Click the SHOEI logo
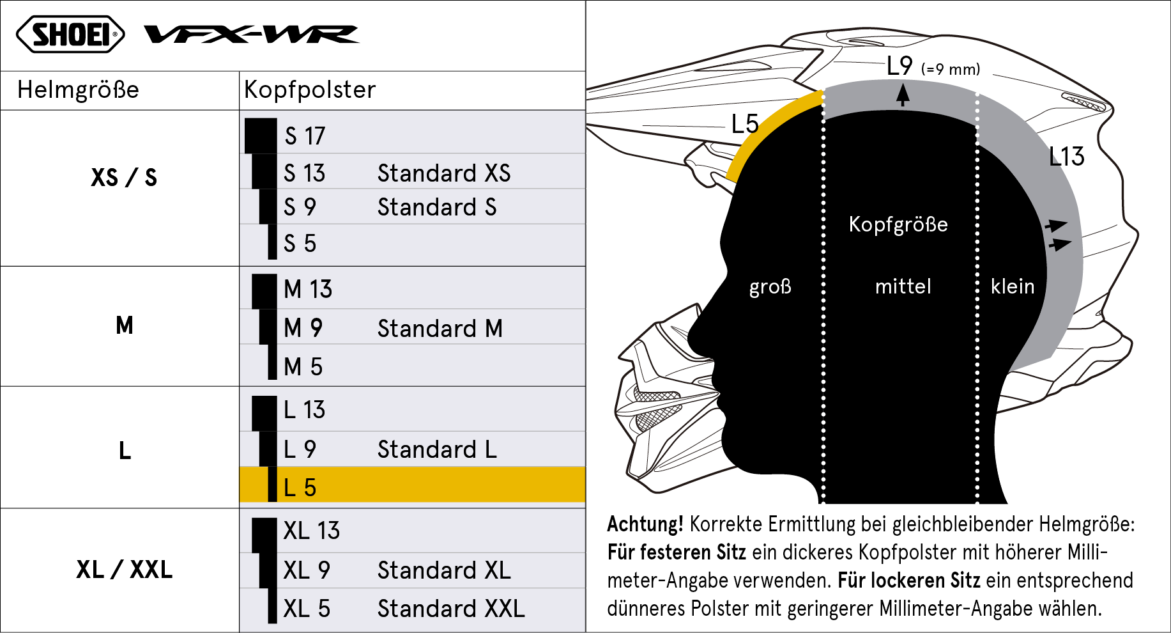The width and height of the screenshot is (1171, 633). [70, 34]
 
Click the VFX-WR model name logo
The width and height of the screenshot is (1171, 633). [251, 34]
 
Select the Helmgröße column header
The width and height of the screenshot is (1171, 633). [78, 90]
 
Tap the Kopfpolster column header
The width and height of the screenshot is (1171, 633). [310, 90]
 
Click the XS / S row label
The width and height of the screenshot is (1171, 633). [124, 177]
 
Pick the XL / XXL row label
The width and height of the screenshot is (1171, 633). [124, 569]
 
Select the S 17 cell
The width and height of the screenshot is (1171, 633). [305, 136]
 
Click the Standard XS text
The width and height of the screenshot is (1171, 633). [444, 173]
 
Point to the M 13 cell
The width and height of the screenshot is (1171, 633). [308, 290]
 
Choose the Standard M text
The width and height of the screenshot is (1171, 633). [440, 329]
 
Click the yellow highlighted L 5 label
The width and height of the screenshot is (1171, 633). [300, 488]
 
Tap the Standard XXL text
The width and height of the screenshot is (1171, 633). [451, 609]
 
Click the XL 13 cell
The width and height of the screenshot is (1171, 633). [312, 531]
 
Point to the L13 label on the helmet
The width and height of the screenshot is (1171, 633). [1067, 157]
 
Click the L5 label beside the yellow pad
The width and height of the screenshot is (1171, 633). [745, 124]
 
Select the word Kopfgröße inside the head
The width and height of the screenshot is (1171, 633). [898, 224]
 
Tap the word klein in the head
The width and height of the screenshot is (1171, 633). [1013, 286]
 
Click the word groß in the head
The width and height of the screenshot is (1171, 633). [770, 286]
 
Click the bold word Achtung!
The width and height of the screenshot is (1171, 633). [645, 524]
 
